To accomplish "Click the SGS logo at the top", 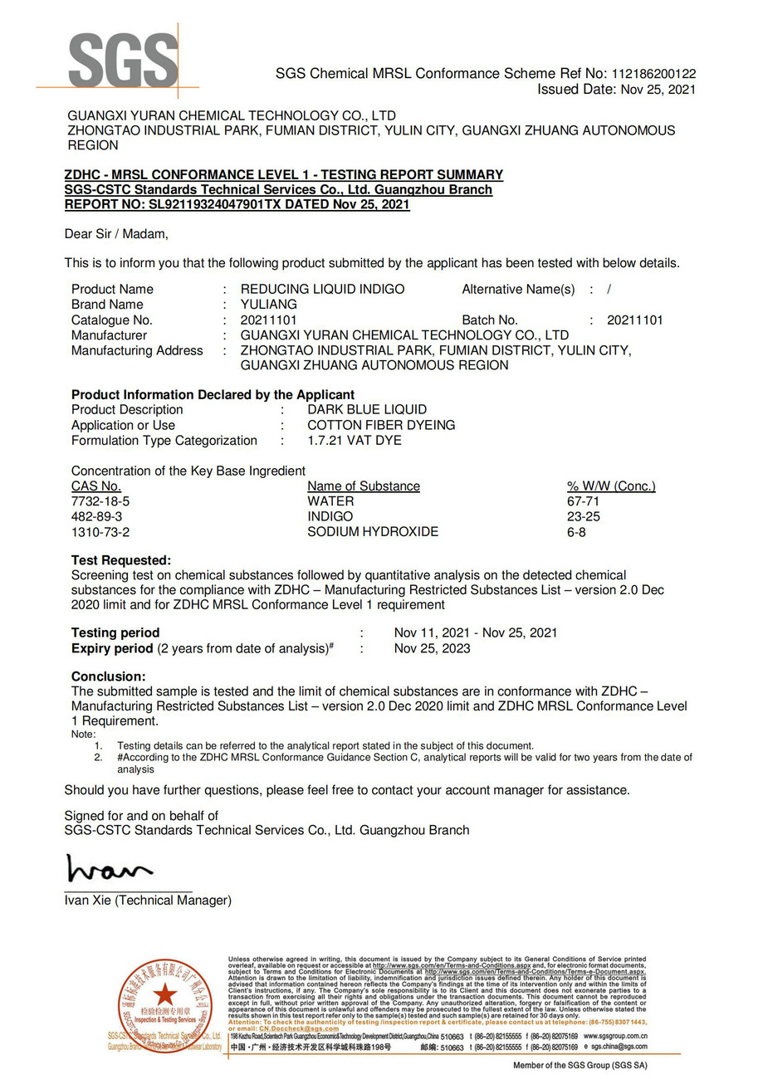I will pyautogui.click(x=123, y=61).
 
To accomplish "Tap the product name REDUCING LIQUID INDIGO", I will pyautogui.click(x=322, y=289).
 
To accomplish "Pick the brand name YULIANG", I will pyautogui.click(x=268, y=305).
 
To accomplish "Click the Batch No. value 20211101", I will pyautogui.click(x=634, y=320).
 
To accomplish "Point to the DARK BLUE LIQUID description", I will pyautogui.click(x=367, y=409).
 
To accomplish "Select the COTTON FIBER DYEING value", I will pyautogui.click(x=381, y=425).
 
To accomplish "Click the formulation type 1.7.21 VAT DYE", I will pyautogui.click(x=354, y=440).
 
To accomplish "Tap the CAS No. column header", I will pyautogui.click(x=96, y=486).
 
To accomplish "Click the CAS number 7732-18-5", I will pyautogui.click(x=100, y=501).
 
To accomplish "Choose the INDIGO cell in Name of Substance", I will pyautogui.click(x=330, y=516).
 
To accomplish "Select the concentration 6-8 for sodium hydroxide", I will pyautogui.click(x=576, y=531).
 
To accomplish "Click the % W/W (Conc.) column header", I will pyautogui.click(x=610, y=486).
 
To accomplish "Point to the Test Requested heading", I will pyautogui.click(x=121, y=560).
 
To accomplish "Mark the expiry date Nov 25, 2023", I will pyautogui.click(x=432, y=648).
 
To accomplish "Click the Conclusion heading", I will pyautogui.click(x=108, y=676).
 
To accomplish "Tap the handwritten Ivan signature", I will pyautogui.click(x=109, y=869).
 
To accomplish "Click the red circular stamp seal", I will pyautogui.click(x=165, y=1005).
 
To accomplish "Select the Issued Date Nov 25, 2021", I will pyautogui.click(x=658, y=90).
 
